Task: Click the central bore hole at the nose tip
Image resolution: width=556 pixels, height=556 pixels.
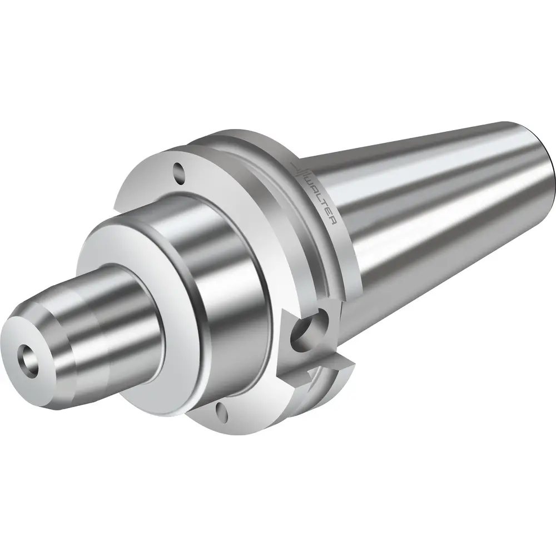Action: (27, 356)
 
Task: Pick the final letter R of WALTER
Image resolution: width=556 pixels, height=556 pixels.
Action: (333, 220)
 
